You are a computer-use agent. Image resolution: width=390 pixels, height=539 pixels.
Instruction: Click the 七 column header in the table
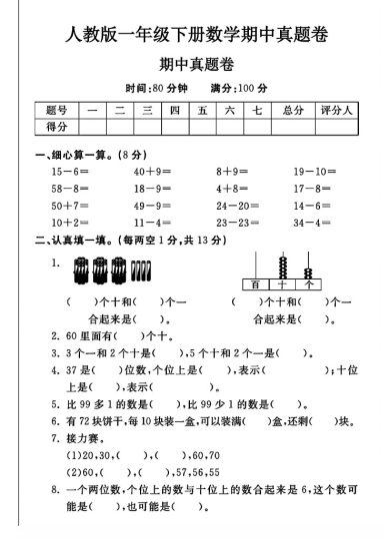coord(257,110)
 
